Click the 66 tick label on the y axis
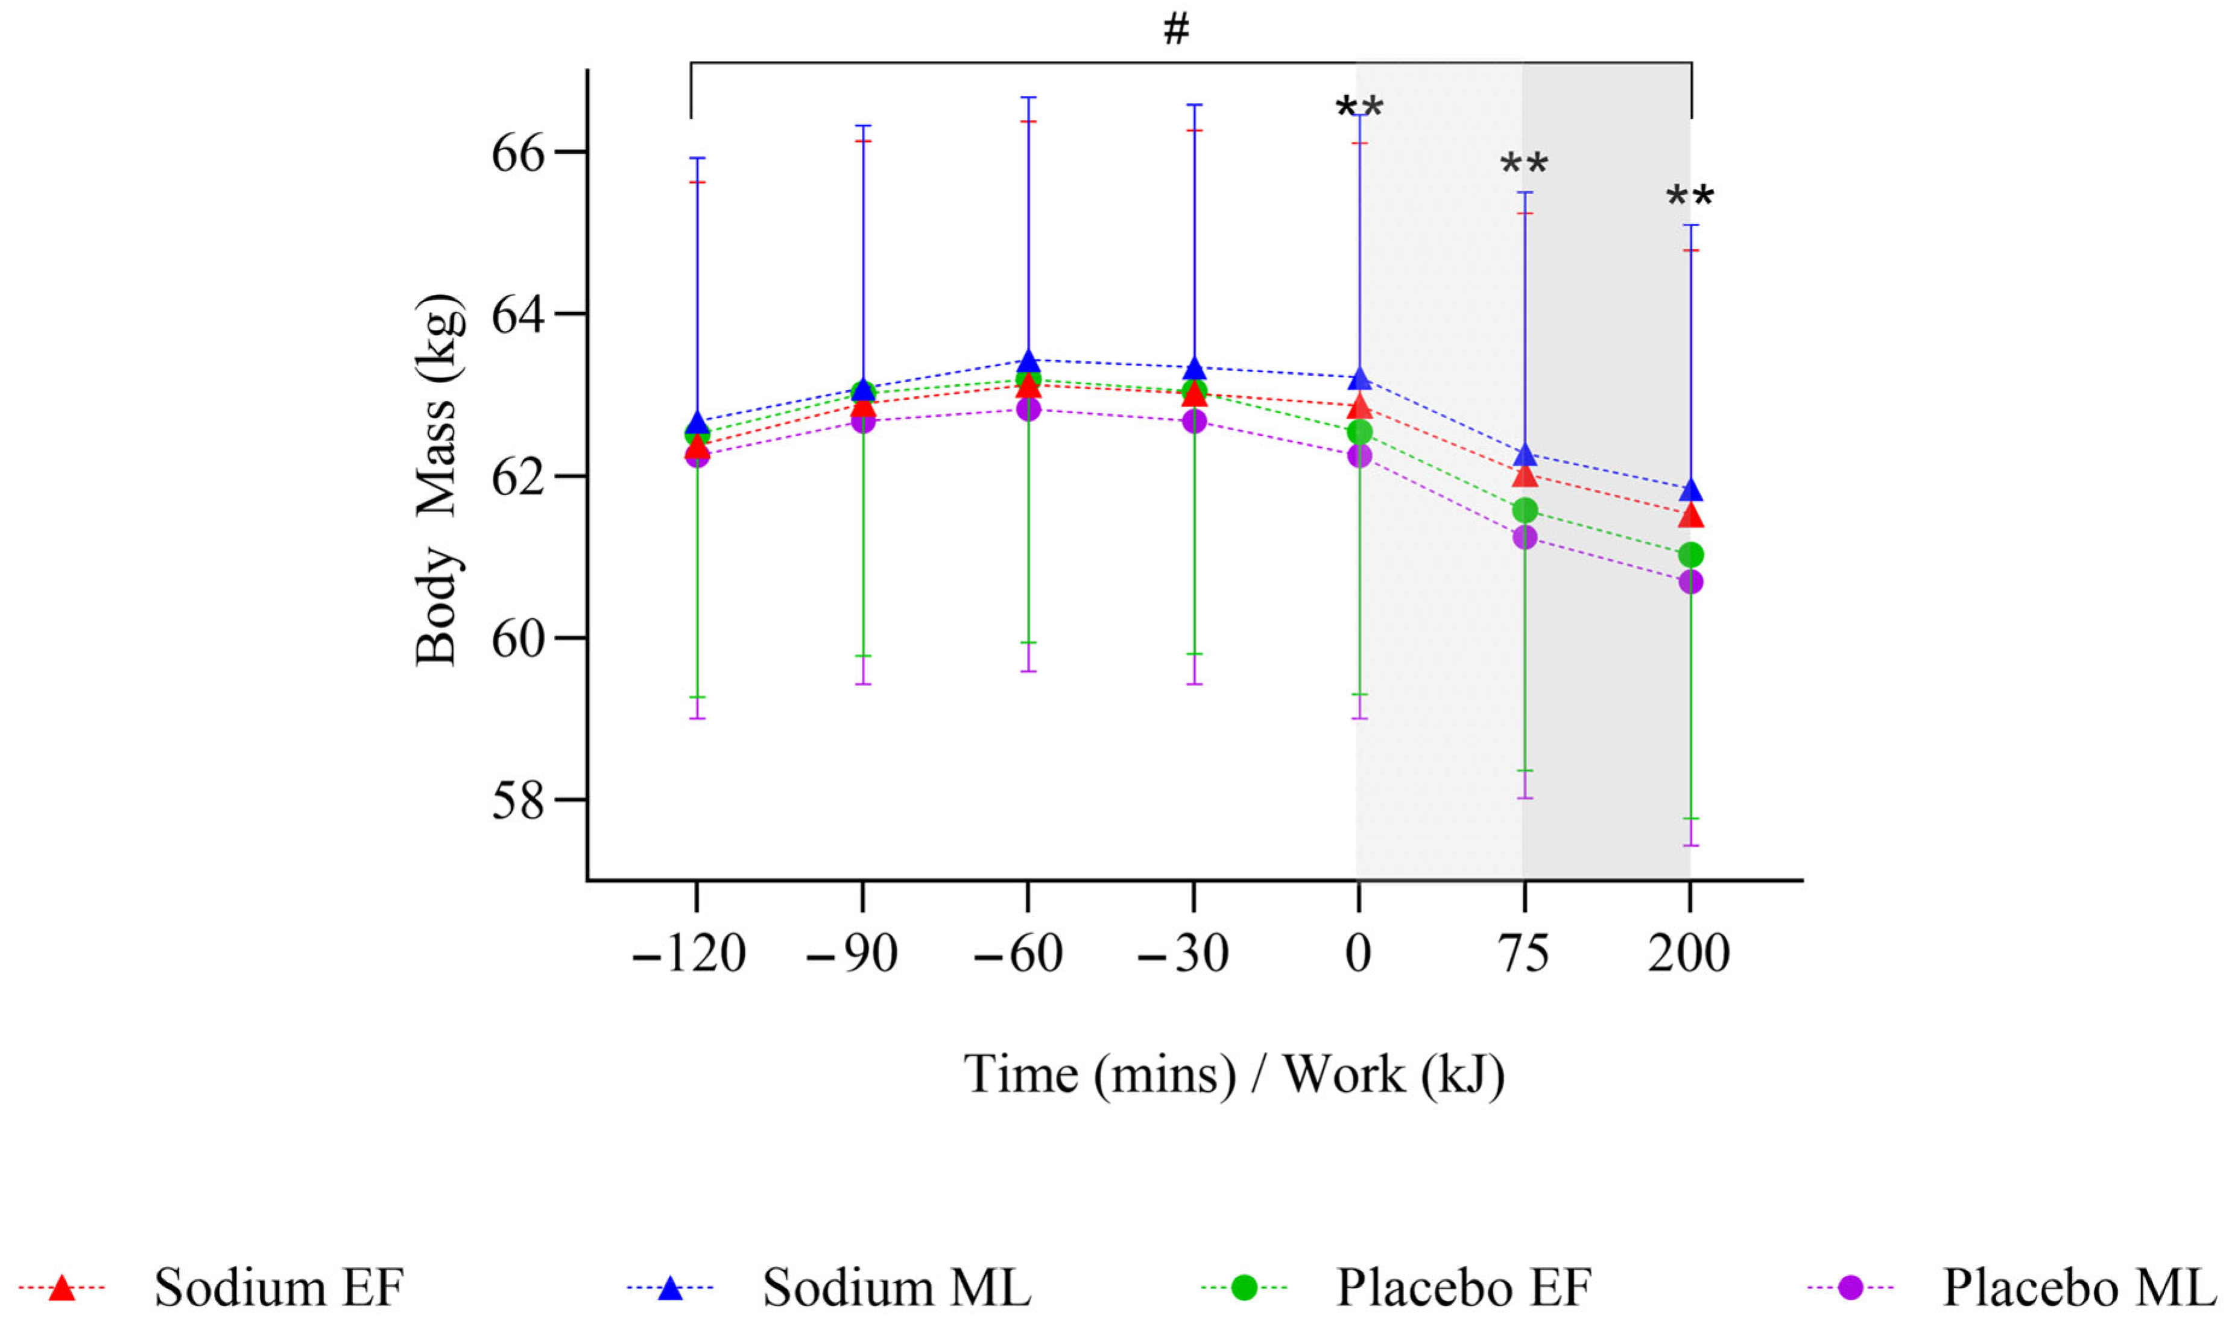[517, 153]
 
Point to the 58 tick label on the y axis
[517, 800]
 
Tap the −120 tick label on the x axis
[688, 954]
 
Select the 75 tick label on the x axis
[1524, 954]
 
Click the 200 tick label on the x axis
[1688, 954]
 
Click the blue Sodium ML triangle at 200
[1690, 490]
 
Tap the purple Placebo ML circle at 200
[1690, 582]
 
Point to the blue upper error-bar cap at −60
[1029, 97]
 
